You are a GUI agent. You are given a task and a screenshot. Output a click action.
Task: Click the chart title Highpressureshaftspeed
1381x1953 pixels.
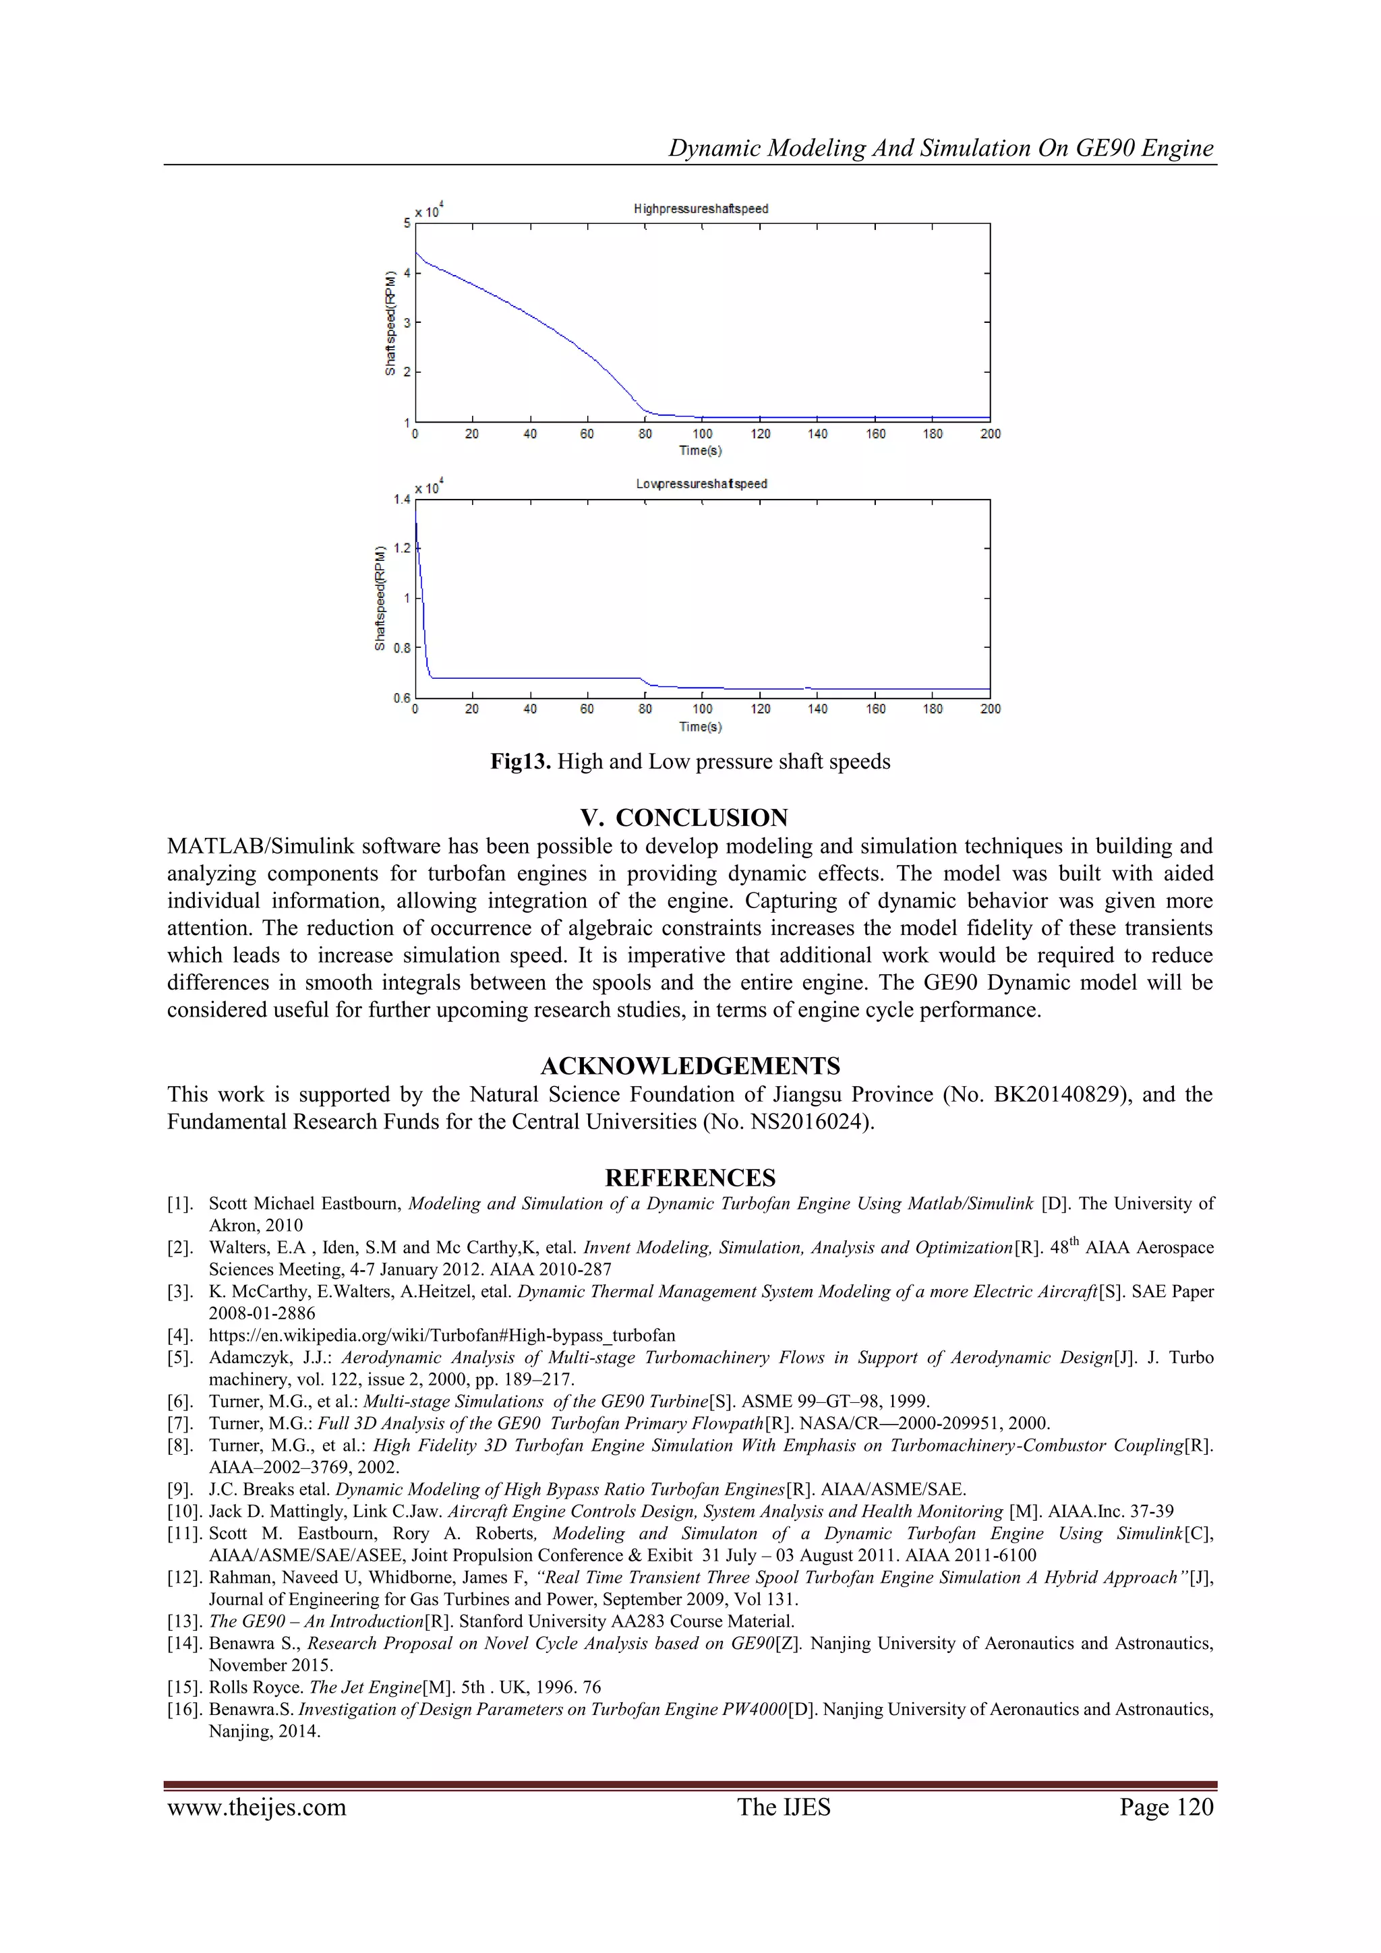click(701, 208)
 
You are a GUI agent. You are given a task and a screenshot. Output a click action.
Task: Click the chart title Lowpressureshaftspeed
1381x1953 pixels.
click(701, 484)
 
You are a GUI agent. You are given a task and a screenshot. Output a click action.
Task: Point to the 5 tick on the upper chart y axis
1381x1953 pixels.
click(407, 223)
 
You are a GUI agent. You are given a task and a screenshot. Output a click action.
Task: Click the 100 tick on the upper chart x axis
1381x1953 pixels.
click(702, 433)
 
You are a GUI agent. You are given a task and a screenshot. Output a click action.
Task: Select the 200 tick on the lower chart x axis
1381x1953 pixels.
click(990, 709)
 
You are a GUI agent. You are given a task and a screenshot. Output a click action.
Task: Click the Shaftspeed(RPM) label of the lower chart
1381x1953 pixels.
click(380, 599)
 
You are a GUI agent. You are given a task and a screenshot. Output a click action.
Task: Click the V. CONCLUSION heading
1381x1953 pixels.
click(684, 818)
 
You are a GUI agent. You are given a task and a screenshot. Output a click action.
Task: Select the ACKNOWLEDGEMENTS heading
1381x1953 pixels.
click(690, 1066)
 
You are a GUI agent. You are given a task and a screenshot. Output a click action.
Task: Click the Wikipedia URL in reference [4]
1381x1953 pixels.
click(442, 1335)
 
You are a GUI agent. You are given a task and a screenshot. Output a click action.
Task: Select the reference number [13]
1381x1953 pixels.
click(185, 1621)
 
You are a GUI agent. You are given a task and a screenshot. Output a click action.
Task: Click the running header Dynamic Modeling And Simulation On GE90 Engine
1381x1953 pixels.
click(940, 148)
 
